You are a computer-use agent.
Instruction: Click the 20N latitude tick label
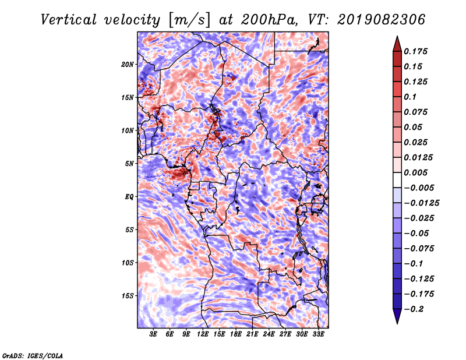pyautogui.click(x=128, y=64)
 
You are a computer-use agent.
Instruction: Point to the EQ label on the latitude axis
pyautogui.click(x=130, y=197)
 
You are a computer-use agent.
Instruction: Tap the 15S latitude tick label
pyautogui.click(x=128, y=296)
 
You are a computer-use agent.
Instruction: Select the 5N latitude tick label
pyautogui.click(x=129, y=164)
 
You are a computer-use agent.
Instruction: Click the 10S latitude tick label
pyautogui.click(x=128, y=263)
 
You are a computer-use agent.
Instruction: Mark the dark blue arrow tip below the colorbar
pyautogui.click(x=397, y=319)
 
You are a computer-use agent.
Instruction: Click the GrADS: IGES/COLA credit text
pyautogui.click(x=32, y=355)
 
